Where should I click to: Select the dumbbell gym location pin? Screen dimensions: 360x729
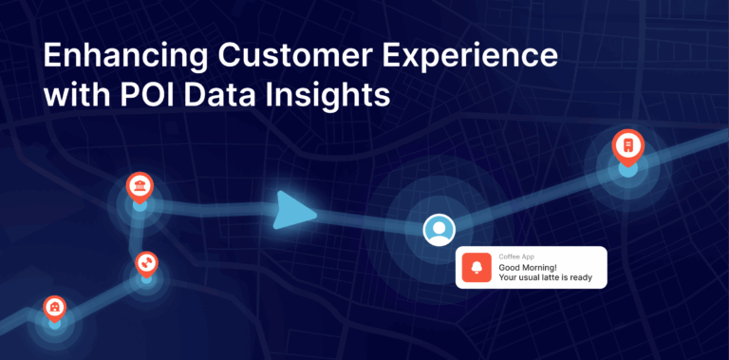click(x=146, y=260)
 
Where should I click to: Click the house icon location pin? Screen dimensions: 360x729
click(x=55, y=308)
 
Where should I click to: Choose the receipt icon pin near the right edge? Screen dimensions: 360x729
click(x=626, y=145)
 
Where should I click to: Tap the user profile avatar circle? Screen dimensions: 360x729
click(x=439, y=229)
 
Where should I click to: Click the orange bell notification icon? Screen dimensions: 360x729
click(x=477, y=267)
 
